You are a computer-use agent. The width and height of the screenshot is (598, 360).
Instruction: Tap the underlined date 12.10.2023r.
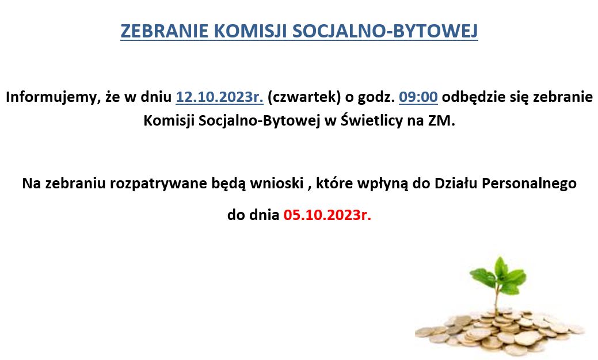[219, 97]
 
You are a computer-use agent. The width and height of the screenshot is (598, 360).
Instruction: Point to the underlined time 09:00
[418, 97]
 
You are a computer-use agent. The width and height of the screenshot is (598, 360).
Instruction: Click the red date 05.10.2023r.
[327, 215]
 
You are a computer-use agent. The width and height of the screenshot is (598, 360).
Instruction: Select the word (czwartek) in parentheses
[304, 97]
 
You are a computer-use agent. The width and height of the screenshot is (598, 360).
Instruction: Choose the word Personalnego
[529, 184]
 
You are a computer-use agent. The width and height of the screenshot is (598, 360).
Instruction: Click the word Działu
[456, 183]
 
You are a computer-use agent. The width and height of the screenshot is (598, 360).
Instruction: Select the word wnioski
[276, 183]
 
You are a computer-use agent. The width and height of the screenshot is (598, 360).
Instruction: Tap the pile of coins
[500, 331]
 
